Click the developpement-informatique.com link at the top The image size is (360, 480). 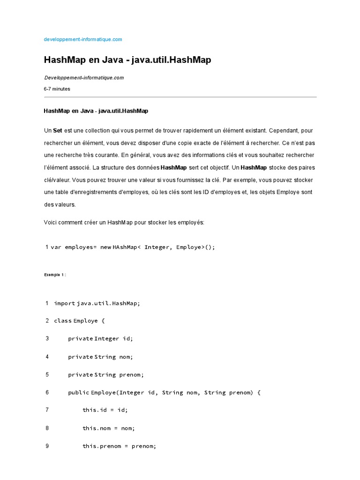[83, 39]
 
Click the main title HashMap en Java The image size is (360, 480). [127, 60]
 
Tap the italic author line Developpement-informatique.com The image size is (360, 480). [84, 78]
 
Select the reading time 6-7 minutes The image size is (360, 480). [57, 89]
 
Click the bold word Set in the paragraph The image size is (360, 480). [58, 130]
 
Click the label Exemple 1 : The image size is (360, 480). [55, 275]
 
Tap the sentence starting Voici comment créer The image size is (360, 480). [124, 222]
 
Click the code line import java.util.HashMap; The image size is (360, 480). [97, 303]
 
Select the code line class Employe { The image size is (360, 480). [80, 321]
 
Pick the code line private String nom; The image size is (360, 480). [100, 357]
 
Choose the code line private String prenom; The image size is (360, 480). [105, 375]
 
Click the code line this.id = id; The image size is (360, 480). [105, 410]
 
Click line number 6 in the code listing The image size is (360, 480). [47, 392]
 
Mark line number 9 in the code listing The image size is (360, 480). [47, 446]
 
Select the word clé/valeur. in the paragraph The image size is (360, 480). [57, 180]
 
